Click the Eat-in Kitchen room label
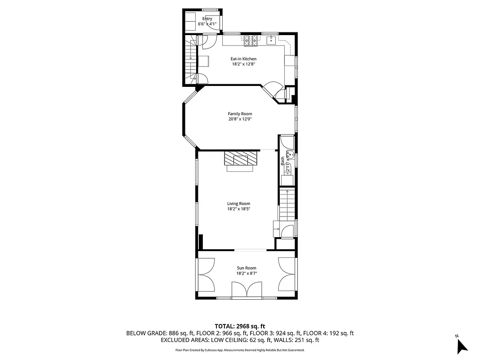(x=243, y=59)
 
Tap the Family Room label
(x=240, y=114)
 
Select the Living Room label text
(x=238, y=203)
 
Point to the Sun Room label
(x=247, y=268)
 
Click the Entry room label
(x=207, y=19)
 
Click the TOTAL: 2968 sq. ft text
(x=240, y=326)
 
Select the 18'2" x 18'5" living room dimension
(x=238, y=209)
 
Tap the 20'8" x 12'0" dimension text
(x=240, y=119)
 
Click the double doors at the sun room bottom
(x=247, y=290)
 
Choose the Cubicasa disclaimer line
(x=240, y=350)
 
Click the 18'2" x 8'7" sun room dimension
(x=247, y=274)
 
